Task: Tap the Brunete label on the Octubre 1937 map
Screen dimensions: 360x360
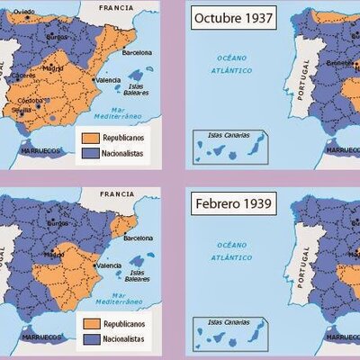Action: (342, 63)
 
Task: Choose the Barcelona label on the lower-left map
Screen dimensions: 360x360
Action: (139, 239)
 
